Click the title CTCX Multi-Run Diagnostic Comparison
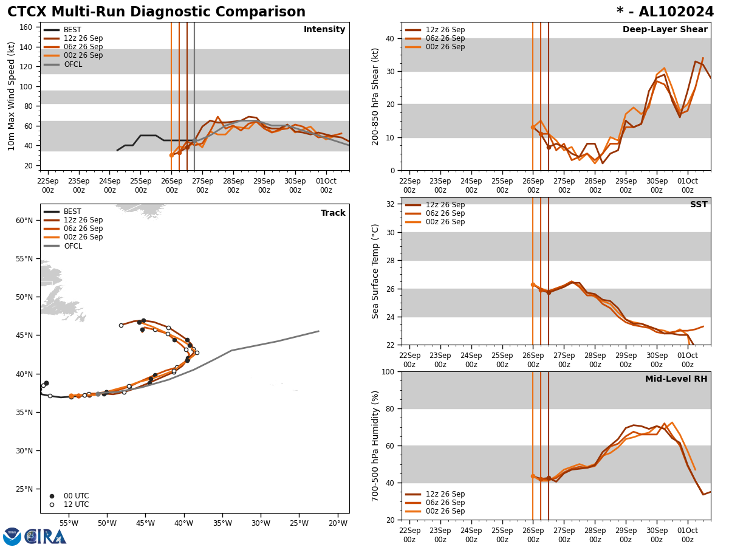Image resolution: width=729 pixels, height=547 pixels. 156,12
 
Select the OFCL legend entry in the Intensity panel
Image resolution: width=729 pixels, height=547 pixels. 73,64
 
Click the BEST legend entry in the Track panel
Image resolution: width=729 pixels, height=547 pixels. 72,212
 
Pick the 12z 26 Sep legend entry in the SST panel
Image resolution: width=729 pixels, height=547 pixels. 445,205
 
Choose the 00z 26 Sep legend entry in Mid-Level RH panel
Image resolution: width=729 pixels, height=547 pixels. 445,511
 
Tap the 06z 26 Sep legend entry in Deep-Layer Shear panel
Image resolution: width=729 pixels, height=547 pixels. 445,38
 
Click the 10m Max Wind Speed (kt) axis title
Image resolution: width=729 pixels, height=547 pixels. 12,96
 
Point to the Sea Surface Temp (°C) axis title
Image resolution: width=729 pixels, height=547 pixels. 375,271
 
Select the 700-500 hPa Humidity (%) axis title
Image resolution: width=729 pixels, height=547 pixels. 375,446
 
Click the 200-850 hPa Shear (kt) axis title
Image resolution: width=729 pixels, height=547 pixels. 375,96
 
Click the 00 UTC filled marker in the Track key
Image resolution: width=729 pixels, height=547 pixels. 52,496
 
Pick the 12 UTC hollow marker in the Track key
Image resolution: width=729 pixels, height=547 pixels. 52,504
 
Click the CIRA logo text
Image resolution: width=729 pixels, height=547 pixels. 46,536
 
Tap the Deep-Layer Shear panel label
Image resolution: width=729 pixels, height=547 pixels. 665,30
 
